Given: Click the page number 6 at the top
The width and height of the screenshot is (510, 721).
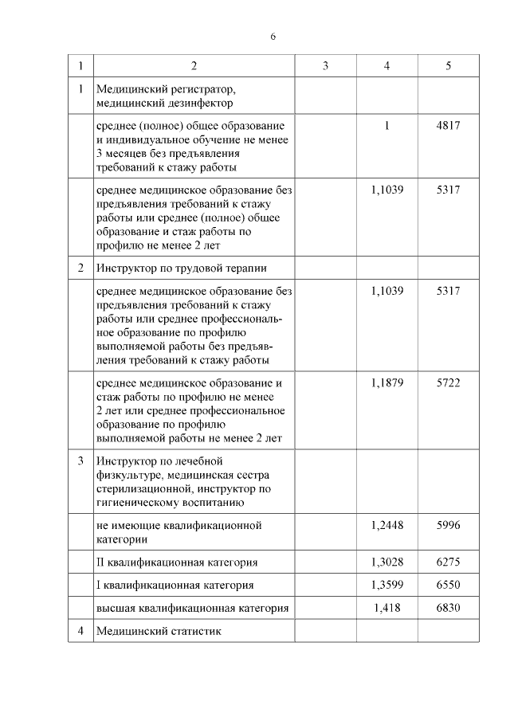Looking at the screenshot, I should coord(273,37).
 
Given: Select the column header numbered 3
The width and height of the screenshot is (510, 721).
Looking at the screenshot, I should coord(325,66).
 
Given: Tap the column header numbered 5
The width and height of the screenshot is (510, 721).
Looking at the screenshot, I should coord(449,66).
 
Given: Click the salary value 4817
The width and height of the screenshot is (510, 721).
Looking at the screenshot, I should coord(449,126).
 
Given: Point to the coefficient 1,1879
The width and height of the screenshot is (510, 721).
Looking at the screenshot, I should coord(387,383).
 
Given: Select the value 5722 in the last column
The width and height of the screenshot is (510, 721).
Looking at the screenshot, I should coord(449,383).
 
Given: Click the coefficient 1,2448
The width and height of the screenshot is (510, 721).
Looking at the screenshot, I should coord(387,525).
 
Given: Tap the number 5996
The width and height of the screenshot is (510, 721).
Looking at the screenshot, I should coord(449,525).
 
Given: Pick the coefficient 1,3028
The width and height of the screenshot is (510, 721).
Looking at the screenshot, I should coord(387,562).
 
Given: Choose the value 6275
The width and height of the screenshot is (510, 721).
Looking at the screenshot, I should coord(449,562).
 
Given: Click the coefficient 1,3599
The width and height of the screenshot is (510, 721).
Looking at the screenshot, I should coord(387,585).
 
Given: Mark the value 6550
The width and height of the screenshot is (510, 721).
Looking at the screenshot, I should coord(449,585).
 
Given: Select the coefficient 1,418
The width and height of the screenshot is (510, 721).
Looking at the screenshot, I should coord(387,608).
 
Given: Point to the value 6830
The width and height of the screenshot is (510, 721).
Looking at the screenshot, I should coord(449,608).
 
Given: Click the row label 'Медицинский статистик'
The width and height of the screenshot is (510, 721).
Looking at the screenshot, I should coord(158,631).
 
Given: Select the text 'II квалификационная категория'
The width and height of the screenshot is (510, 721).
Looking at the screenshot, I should coord(177,562).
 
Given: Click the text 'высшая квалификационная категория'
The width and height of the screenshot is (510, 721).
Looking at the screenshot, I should coord(191,608).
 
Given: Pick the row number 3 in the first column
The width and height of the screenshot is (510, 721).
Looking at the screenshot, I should coord(80,461).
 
